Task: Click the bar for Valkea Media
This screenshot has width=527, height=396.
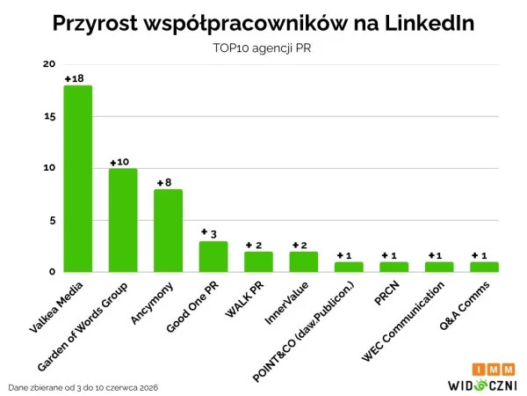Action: [78, 179]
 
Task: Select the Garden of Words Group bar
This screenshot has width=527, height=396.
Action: [123, 220]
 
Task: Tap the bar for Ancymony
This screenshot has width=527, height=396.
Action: [168, 231]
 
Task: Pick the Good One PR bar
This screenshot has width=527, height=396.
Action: [213, 257]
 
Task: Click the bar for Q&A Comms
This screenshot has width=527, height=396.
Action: [484, 267]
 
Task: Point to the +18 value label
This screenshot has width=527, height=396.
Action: [75, 79]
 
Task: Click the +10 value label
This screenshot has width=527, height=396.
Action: [119, 162]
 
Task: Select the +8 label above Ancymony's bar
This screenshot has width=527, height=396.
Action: [164, 182]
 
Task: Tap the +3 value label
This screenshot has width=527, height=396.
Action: [209, 233]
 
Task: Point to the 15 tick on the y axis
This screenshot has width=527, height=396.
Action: [50, 117]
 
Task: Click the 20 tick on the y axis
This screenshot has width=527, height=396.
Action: [49, 64]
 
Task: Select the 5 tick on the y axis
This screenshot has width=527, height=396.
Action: [53, 221]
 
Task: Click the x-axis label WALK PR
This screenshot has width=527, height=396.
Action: [245, 300]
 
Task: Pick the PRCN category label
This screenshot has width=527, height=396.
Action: [387, 293]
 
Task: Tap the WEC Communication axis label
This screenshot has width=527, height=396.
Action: [403, 321]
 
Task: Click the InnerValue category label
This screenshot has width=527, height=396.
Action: [286, 304]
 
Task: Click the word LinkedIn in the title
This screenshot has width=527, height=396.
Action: [430, 23]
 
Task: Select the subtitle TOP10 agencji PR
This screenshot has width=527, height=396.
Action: [262, 48]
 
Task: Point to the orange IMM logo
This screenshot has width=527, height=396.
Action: [494, 370]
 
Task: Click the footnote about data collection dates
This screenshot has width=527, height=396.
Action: [83, 388]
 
